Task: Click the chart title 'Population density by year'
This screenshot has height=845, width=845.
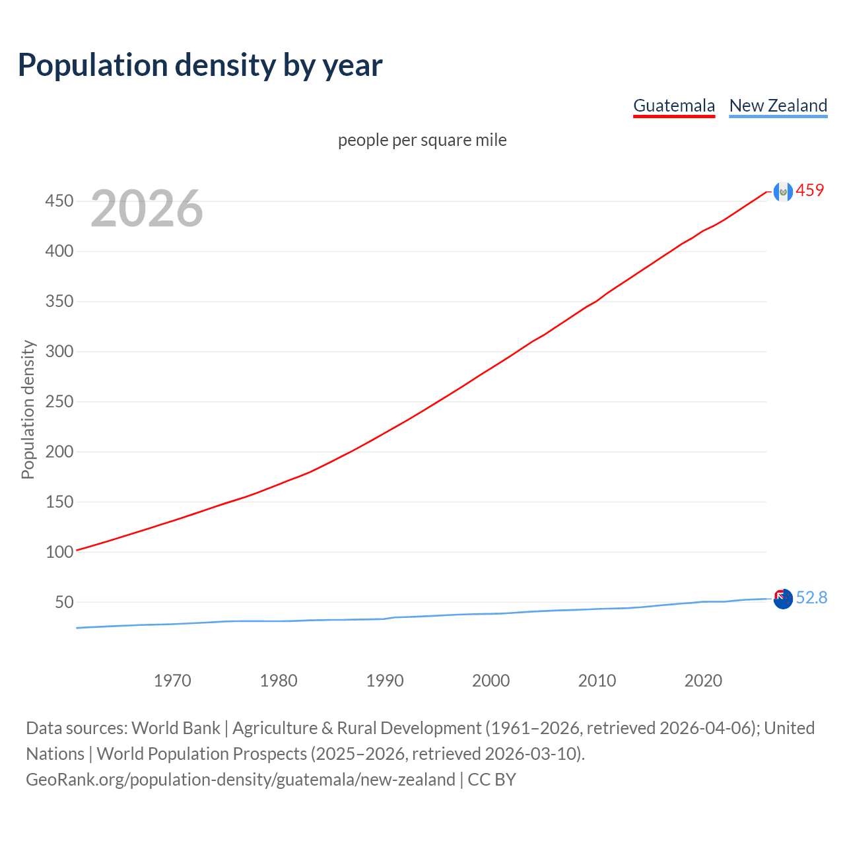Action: (x=200, y=65)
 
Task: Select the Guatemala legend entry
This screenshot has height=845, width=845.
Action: (x=674, y=106)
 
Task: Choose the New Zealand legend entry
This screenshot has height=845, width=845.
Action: (x=778, y=106)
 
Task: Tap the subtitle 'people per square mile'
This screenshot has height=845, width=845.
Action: (x=422, y=140)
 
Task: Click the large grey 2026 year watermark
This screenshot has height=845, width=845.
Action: (x=147, y=209)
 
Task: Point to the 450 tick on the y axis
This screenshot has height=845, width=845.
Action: (x=59, y=201)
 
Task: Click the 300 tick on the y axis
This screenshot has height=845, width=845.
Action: (x=59, y=351)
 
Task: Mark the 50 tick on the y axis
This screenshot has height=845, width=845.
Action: (x=63, y=602)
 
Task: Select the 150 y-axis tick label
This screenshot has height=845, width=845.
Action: (x=59, y=502)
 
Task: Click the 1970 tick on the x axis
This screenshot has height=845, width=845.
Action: (x=172, y=681)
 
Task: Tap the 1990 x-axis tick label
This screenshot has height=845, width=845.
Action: (x=385, y=681)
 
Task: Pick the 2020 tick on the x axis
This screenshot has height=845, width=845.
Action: (x=703, y=681)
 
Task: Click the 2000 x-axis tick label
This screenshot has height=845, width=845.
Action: (x=491, y=681)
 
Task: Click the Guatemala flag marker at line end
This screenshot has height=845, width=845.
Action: (x=783, y=191)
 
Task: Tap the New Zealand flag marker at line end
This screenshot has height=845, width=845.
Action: (x=783, y=599)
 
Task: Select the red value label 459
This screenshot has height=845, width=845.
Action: (x=810, y=190)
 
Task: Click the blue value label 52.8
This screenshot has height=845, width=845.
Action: (x=811, y=597)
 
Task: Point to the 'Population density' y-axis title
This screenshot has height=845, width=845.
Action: (x=28, y=409)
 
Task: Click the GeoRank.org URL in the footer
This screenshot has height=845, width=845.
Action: (x=240, y=780)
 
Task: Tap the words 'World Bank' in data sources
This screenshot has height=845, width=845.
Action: (x=176, y=728)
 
